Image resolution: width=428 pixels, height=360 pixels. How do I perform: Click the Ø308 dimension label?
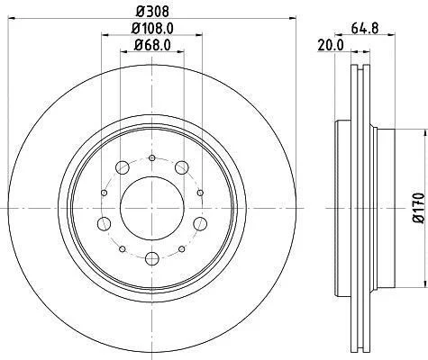pyautogui.click(x=152, y=12)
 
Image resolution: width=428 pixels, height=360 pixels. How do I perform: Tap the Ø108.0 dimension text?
pyautogui.click(x=152, y=29)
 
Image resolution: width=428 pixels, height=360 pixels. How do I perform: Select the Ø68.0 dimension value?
pyautogui.click(x=152, y=45)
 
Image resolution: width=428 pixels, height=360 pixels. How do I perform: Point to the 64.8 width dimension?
pyautogui.click(x=365, y=29)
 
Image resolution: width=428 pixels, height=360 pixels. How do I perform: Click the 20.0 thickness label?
pyautogui.click(x=331, y=46)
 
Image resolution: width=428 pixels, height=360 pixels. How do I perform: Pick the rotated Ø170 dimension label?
pyautogui.click(x=418, y=208)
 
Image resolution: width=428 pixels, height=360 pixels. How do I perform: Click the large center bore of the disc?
pyautogui.click(x=152, y=208)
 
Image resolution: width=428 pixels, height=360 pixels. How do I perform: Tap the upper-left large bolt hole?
pyautogui.click(x=123, y=167)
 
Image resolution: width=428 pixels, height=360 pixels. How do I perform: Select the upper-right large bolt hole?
pyautogui.click(x=182, y=167)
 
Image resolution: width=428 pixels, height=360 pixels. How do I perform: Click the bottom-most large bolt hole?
pyautogui.click(x=152, y=258)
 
